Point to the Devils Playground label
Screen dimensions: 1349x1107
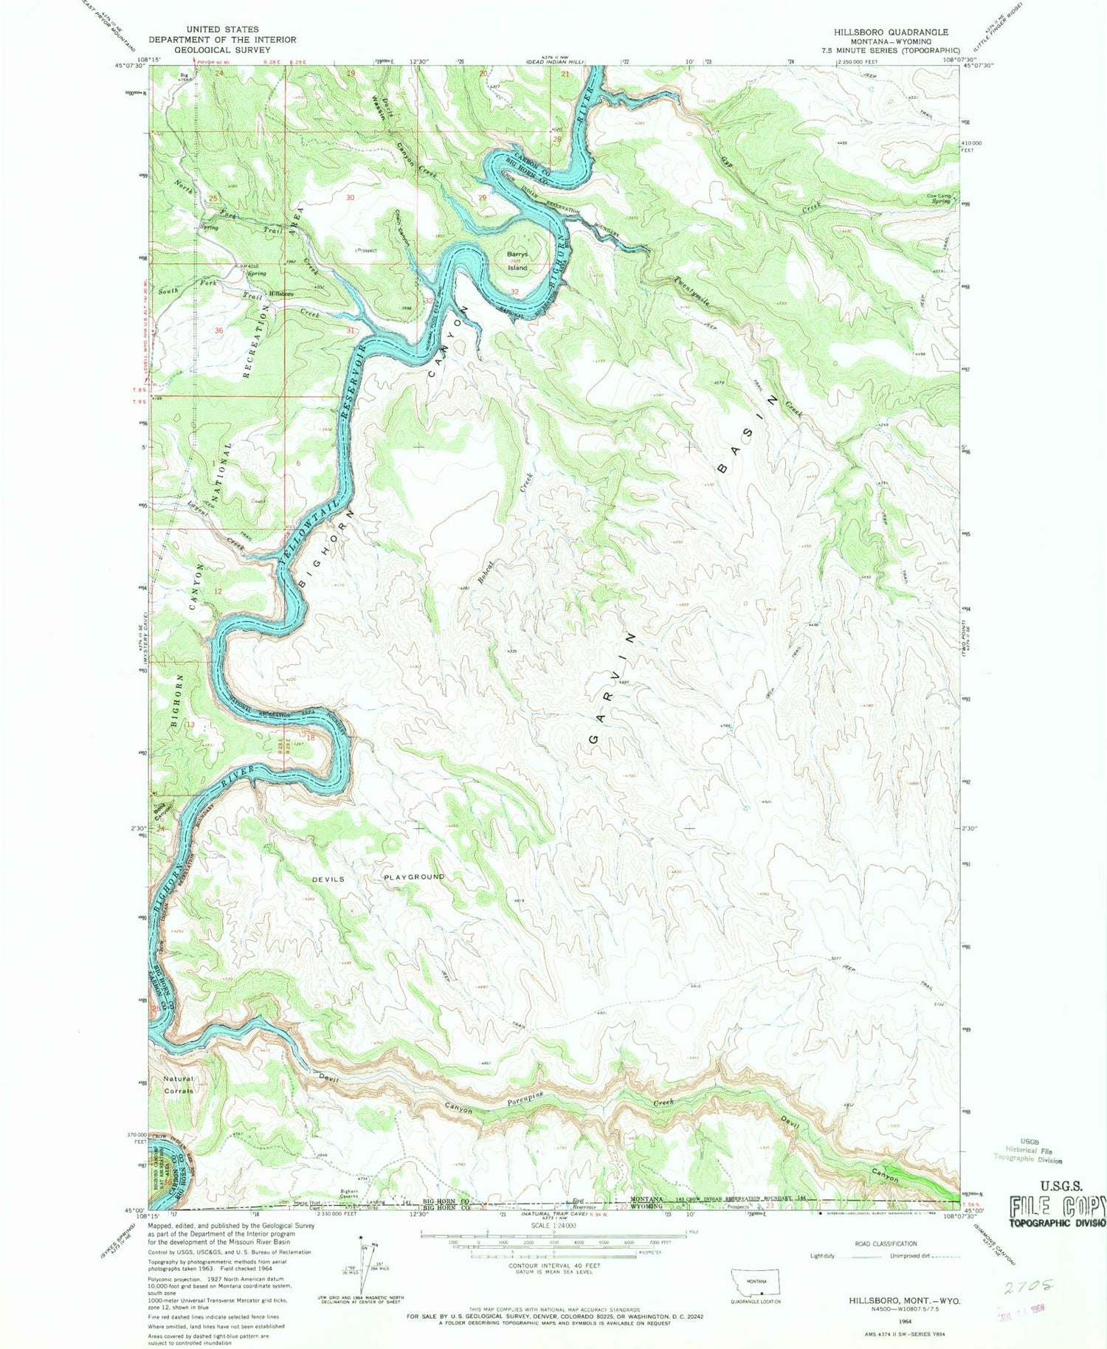pos(378,877)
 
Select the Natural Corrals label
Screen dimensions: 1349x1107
pos(179,1085)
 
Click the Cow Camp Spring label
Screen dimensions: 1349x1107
pos(939,199)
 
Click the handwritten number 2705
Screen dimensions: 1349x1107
pos(1027,1288)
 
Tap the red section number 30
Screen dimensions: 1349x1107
pos(350,198)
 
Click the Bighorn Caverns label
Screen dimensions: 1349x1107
pos(348,1193)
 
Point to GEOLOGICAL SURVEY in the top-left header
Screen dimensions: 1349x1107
pos(222,50)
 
